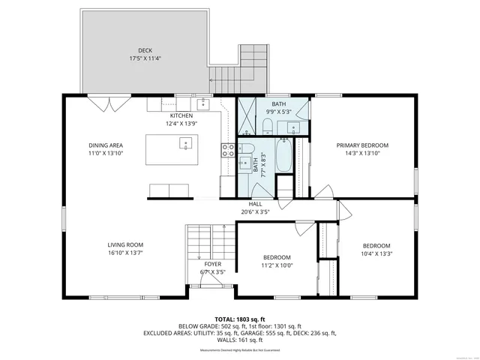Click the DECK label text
(144, 51)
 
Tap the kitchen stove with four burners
(227, 149)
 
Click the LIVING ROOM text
(124, 244)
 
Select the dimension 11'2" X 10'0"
(277, 265)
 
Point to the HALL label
(255, 204)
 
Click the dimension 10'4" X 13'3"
(376, 253)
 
